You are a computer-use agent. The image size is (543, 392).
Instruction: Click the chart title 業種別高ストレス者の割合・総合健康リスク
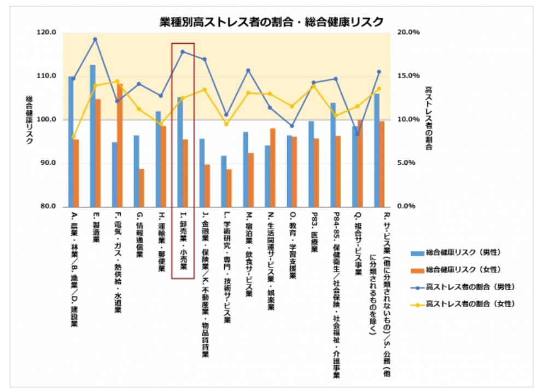coord(271,21)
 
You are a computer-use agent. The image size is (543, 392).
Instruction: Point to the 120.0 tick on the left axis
coord(49,32)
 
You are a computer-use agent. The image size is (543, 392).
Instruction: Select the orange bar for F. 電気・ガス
coord(120,145)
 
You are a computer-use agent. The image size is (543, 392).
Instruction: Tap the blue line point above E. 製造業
coord(95,39)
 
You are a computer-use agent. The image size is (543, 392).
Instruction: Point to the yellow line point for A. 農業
coord(73,137)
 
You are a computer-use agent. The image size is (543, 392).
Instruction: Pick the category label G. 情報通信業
coord(139,235)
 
